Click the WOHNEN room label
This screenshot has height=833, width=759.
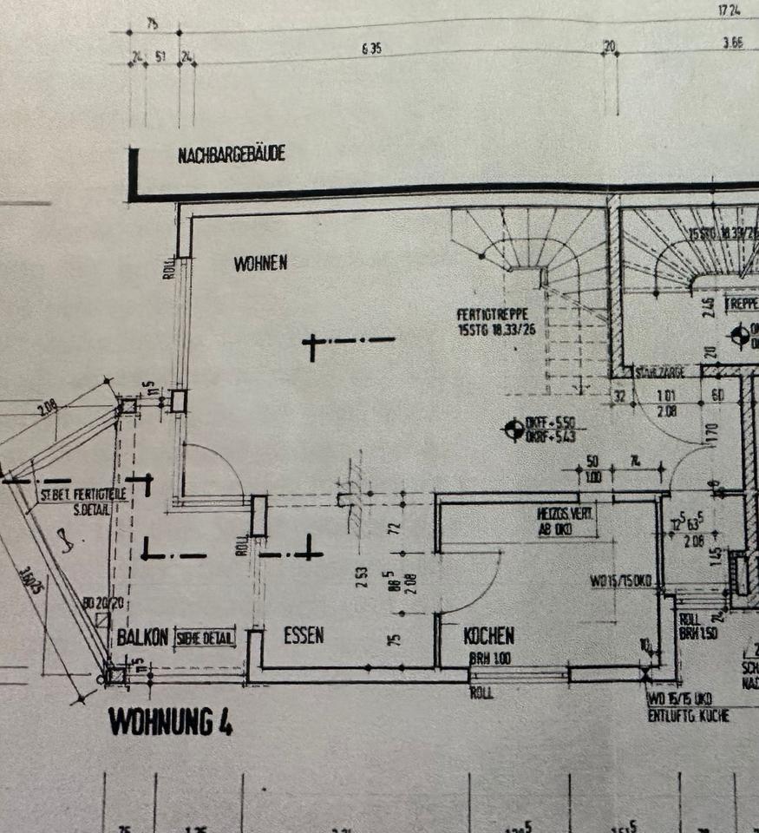click(260, 264)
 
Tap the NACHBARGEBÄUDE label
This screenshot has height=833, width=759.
click(232, 156)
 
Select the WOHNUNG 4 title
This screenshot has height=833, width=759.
click(170, 722)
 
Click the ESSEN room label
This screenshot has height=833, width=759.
click(304, 635)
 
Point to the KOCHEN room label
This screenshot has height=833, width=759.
click(488, 636)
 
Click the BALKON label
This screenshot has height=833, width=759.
click(142, 637)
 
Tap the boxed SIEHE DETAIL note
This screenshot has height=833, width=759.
click(205, 638)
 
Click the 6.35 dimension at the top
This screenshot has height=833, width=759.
click(371, 49)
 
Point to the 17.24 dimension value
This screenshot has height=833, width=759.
click(730, 10)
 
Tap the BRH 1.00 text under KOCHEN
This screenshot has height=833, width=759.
click(490, 659)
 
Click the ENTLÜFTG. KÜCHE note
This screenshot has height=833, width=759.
click(688, 716)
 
